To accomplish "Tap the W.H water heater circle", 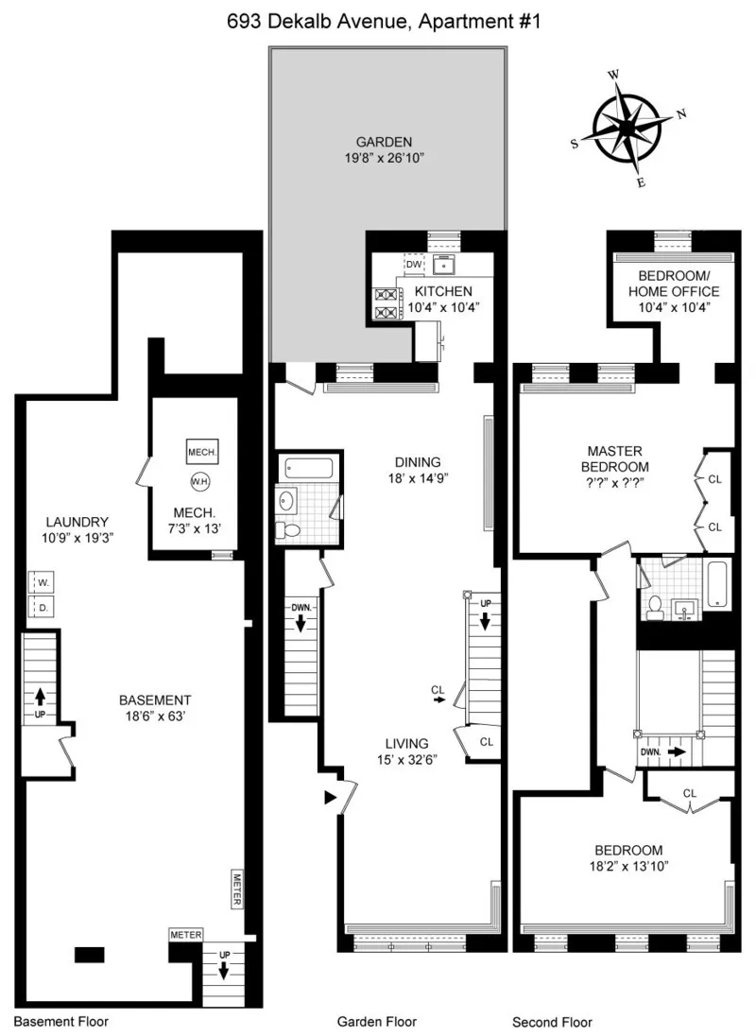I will (x=199, y=481).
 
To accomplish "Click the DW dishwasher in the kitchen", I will (x=414, y=265).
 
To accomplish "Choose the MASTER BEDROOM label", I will (x=617, y=458).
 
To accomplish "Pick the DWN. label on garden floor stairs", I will (x=301, y=608).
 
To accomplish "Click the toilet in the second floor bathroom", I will (x=653, y=610).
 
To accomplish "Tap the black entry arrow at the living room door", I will (x=330, y=798).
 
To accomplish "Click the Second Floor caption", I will (x=552, y=1022).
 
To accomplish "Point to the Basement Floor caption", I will (x=61, y=1022).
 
